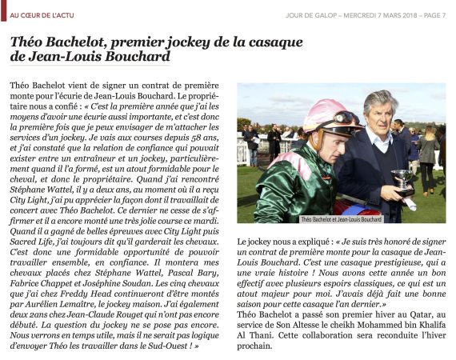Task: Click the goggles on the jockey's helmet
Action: tap(345, 120)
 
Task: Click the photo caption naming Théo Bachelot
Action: tap(341, 218)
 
